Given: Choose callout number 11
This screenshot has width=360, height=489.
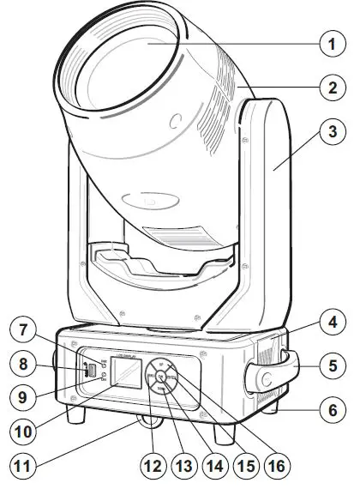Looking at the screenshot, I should pos(23,468).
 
